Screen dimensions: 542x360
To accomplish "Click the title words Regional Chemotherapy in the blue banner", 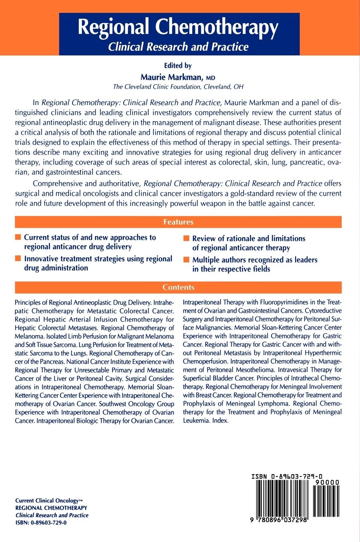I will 178,28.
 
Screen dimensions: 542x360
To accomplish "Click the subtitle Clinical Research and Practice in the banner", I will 179,47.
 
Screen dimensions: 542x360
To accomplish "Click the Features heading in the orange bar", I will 178,222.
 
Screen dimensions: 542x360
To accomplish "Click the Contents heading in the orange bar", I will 178,287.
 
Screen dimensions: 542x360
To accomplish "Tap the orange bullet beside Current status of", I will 18,238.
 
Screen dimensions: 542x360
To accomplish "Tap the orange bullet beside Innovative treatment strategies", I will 18,259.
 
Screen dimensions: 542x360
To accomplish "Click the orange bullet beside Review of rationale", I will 186,239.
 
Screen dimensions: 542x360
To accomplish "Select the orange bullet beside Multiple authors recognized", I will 186,260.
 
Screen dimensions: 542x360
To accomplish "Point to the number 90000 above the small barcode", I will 327,482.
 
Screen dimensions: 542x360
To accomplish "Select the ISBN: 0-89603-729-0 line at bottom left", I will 41,523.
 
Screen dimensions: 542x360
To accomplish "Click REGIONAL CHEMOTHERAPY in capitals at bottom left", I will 51,508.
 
